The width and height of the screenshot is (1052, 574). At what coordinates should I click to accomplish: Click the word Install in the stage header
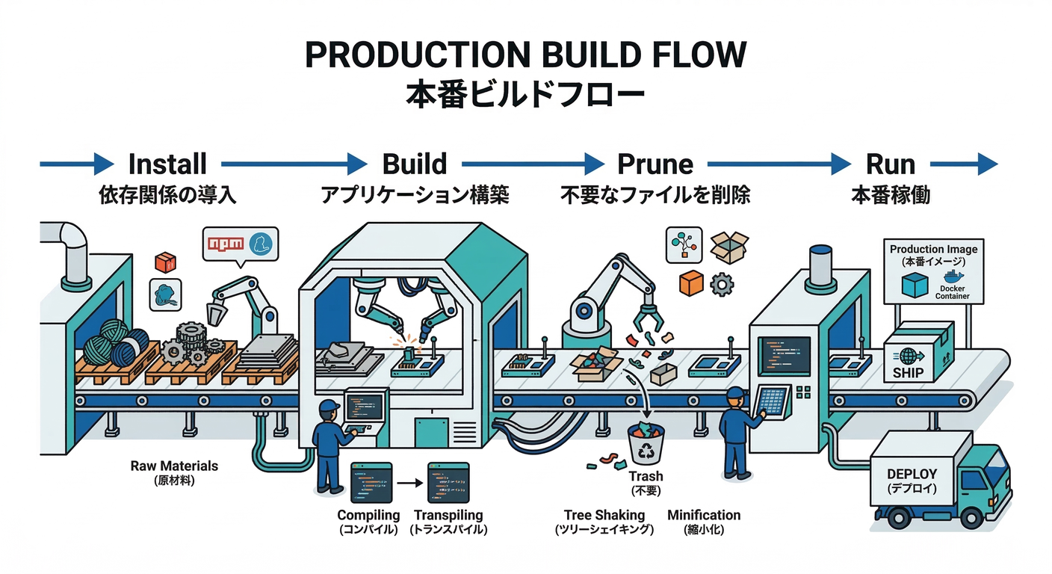pyautogui.click(x=167, y=163)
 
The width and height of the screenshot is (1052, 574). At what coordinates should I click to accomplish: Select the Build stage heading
pyautogui.click(x=414, y=163)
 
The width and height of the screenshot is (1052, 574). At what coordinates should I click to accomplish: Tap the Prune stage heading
pyautogui.click(x=655, y=163)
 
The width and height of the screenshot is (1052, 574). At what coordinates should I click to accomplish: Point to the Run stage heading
pyautogui.click(x=890, y=163)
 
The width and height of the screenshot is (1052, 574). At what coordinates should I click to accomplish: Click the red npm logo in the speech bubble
pyautogui.click(x=226, y=244)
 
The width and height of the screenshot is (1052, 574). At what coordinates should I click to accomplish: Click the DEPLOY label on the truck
pyautogui.click(x=911, y=474)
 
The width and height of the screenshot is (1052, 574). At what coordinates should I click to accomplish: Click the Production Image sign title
pyautogui.click(x=933, y=249)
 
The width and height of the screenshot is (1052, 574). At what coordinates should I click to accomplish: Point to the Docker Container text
pyautogui.click(x=952, y=292)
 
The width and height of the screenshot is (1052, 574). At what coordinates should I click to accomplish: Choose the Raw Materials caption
pyautogui.click(x=174, y=466)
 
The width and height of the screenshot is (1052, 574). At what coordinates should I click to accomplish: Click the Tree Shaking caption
pyautogui.click(x=604, y=515)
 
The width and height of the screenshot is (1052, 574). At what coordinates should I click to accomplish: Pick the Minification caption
pyautogui.click(x=704, y=515)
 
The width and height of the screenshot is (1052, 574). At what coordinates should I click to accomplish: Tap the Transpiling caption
pyautogui.click(x=448, y=515)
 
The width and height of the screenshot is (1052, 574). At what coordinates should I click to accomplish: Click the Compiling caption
pyautogui.click(x=368, y=515)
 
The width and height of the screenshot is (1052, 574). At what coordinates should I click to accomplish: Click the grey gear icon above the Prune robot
pyautogui.click(x=721, y=284)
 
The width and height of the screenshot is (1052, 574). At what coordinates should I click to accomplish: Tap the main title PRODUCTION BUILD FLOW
pyautogui.click(x=525, y=56)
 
